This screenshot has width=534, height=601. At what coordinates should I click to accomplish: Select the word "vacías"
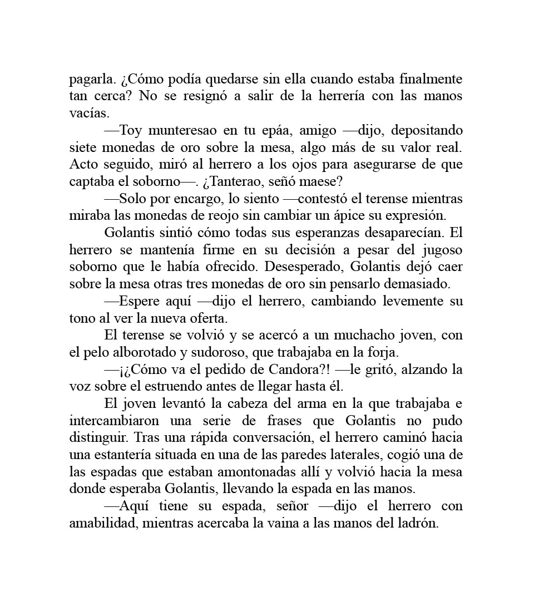[88, 114]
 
